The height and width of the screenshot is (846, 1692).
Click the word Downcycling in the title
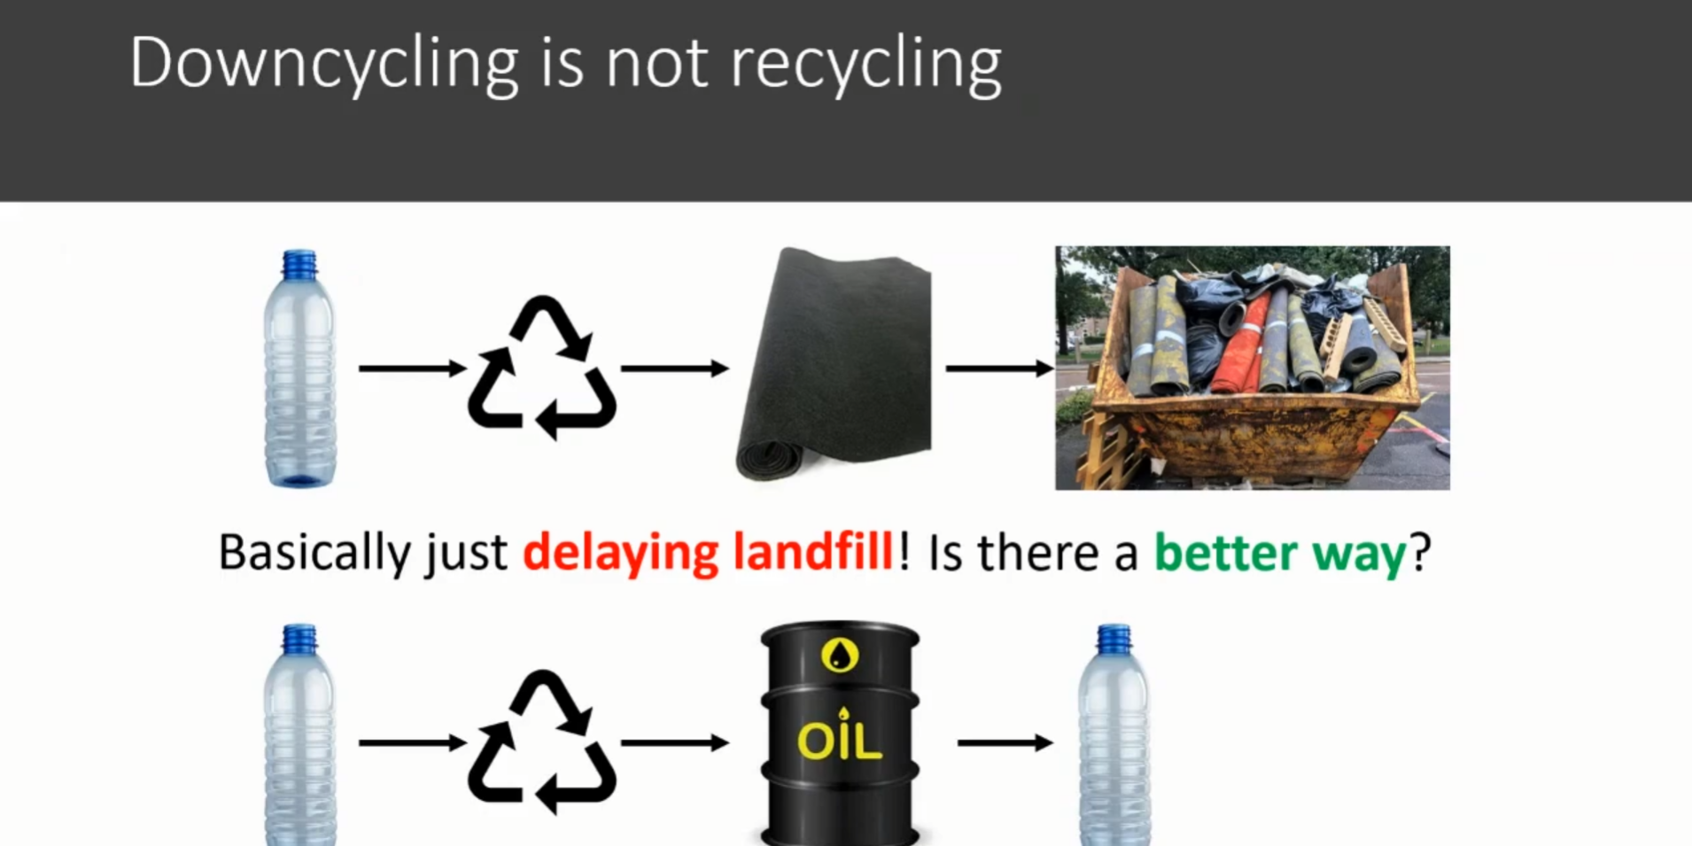click(x=324, y=64)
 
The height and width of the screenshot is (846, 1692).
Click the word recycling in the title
click(x=865, y=64)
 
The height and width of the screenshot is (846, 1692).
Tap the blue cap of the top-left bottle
click(x=299, y=264)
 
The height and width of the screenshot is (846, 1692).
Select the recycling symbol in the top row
click(x=541, y=368)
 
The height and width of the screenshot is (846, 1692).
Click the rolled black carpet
click(x=833, y=364)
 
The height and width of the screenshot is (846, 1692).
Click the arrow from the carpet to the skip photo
click(x=999, y=368)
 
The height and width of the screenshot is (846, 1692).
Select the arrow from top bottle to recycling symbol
click(x=412, y=368)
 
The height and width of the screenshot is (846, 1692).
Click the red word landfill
click(x=813, y=553)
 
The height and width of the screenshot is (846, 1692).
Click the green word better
click(x=1225, y=553)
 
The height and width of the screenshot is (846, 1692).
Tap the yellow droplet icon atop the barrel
click(x=840, y=656)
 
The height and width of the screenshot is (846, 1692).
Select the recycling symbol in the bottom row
click(x=541, y=742)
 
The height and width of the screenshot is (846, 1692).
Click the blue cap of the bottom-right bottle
click(x=1114, y=639)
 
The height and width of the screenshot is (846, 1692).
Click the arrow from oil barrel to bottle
click(x=1005, y=742)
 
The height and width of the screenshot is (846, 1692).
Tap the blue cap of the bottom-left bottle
click(x=299, y=639)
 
